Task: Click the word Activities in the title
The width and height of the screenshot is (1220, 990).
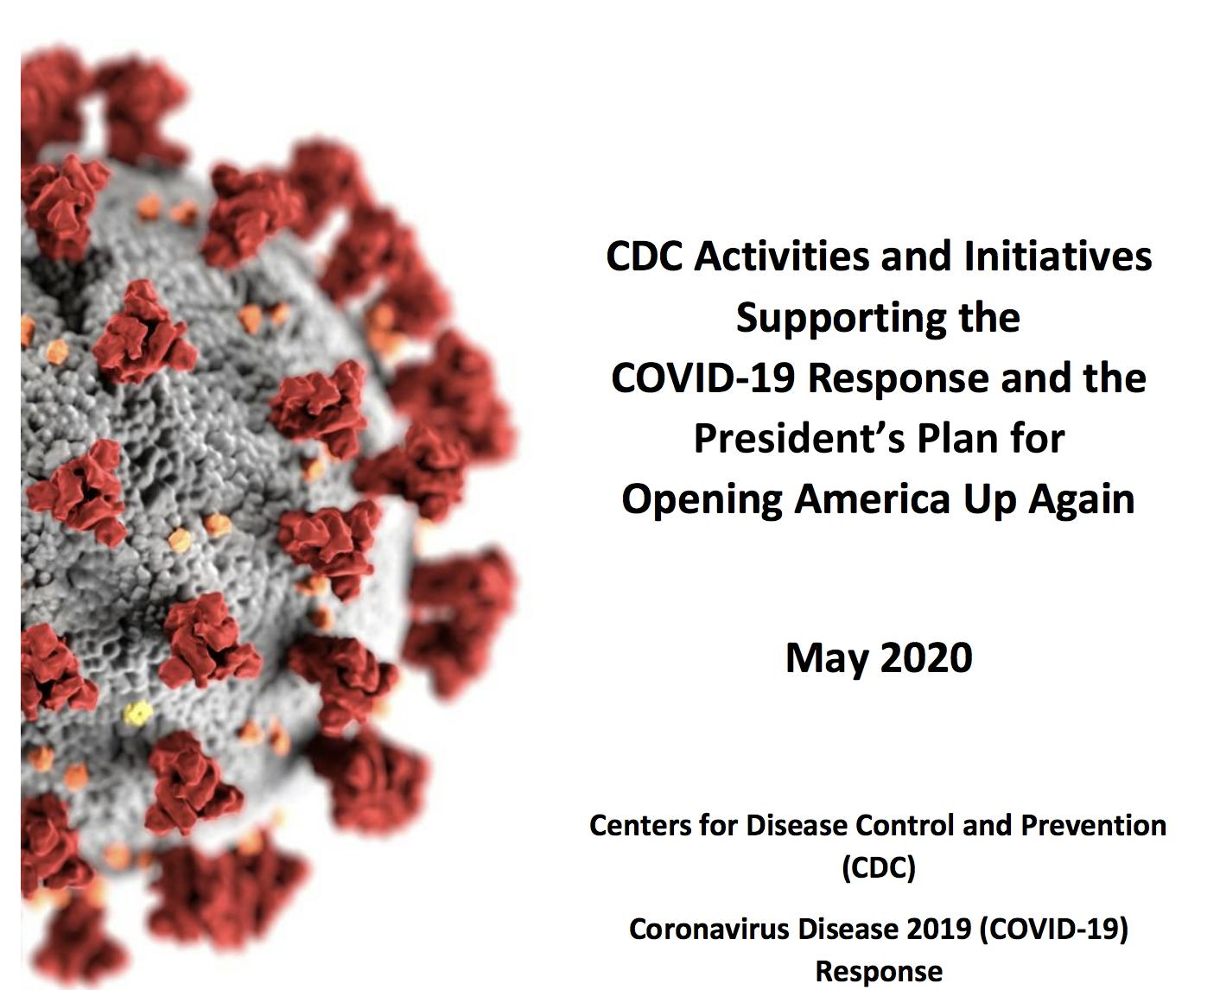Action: (783, 257)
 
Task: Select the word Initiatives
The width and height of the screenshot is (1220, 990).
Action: (1058, 257)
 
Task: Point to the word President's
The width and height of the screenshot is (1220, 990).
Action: (799, 439)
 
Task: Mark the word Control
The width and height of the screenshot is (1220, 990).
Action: (906, 826)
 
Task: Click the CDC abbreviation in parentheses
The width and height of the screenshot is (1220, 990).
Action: (879, 868)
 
